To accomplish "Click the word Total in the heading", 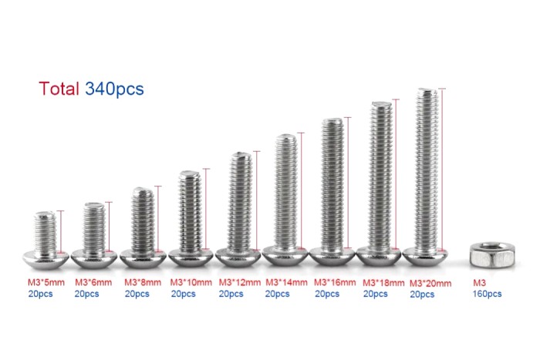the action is pyautogui.click(x=59, y=89).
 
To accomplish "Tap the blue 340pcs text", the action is pyautogui.click(x=114, y=89).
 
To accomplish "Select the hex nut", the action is pyautogui.click(x=492, y=254).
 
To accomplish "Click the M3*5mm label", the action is pyautogui.click(x=46, y=283).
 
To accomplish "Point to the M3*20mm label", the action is pyautogui.click(x=430, y=284).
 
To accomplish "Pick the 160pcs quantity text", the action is pyautogui.click(x=487, y=294).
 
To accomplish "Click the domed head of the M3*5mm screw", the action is pyautogui.click(x=46, y=259).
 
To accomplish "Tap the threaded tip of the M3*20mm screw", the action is pyautogui.click(x=427, y=91).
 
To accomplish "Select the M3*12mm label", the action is pyautogui.click(x=240, y=283).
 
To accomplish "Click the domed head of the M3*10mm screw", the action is pyautogui.click(x=191, y=257).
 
